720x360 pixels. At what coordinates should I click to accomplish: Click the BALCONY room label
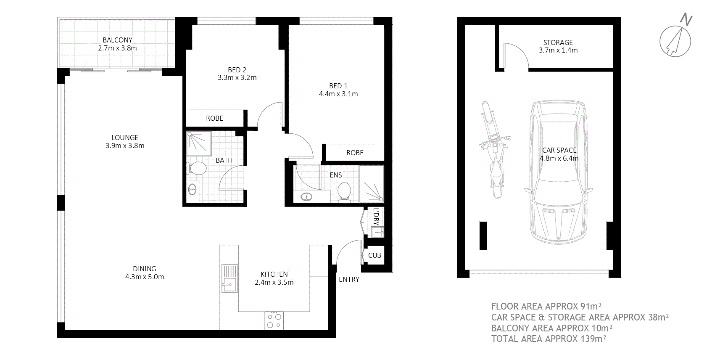(117, 40)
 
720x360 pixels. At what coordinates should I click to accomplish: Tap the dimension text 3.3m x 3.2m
(237, 78)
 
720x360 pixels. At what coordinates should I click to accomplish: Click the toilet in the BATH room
(197, 169)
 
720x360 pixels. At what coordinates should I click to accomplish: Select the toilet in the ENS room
(345, 192)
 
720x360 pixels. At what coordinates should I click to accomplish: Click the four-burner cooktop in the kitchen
(274, 320)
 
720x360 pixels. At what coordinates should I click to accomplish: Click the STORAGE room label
(558, 42)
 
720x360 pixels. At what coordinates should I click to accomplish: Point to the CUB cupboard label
(375, 255)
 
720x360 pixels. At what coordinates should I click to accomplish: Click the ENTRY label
(349, 279)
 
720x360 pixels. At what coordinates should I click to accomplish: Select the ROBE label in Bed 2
(214, 119)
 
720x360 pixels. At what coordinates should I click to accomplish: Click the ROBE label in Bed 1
(355, 153)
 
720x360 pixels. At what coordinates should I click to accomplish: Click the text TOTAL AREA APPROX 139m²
(549, 339)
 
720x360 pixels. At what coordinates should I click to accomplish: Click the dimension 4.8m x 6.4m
(559, 159)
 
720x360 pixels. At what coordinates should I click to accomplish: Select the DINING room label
(145, 269)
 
